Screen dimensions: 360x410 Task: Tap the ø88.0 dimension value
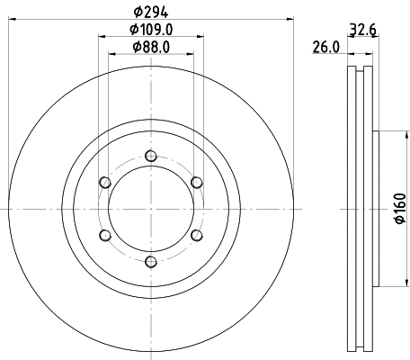click(151, 47)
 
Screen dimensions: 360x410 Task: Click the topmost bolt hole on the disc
click(151, 156)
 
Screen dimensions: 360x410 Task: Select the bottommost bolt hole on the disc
click(151, 262)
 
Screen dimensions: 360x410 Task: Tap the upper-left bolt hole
click(105, 183)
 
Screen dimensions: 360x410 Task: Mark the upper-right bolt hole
click(197, 183)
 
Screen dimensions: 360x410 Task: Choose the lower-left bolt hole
click(105, 236)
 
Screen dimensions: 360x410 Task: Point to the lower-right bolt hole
click(197, 236)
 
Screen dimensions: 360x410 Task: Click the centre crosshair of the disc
click(151, 209)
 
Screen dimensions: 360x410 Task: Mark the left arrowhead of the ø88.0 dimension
click(112, 55)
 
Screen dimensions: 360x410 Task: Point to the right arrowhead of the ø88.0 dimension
click(190, 55)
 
